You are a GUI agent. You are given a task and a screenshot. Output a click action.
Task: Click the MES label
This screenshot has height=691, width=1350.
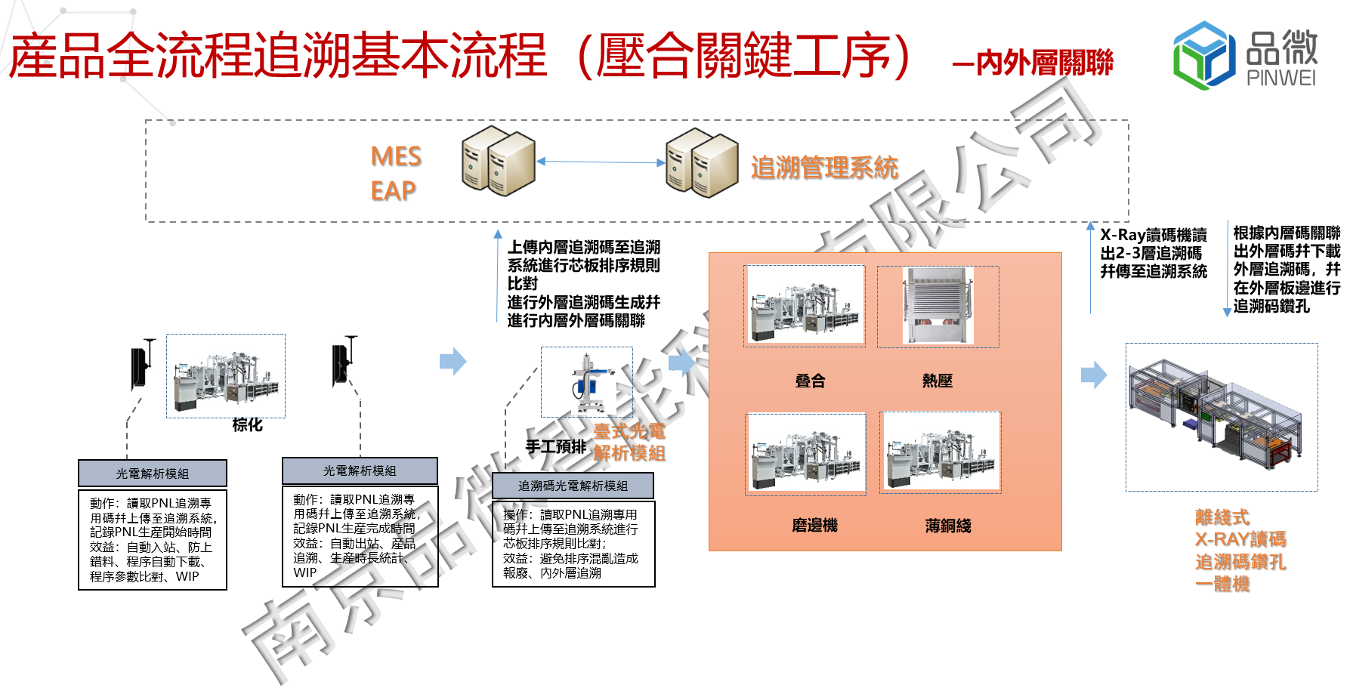pyautogui.click(x=396, y=156)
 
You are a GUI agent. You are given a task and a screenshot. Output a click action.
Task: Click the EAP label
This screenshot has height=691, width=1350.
pyautogui.click(x=393, y=190)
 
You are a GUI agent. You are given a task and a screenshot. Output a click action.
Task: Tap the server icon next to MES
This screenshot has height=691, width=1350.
pyautogui.click(x=498, y=161)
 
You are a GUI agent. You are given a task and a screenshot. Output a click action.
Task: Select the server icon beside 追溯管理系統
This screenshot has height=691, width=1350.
pyautogui.click(x=702, y=162)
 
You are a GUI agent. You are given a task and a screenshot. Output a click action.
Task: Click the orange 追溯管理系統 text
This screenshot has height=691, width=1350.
pyautogui.click(x=824, y=168)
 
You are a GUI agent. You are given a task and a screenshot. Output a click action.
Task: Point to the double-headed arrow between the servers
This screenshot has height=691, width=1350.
pyautogui.click(x=600, y=162)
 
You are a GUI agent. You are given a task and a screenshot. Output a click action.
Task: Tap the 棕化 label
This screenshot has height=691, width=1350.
pyautogui.click(x=247, y=425)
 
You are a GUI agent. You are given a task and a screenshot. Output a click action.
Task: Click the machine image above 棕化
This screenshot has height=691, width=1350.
pyautogui.click(x=226, y=375)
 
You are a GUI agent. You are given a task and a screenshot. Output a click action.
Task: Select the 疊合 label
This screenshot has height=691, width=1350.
pyautogui.click(x=810, y=381)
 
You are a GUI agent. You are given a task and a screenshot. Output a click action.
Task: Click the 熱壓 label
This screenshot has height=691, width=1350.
pyautogui.click(x=937, y=381)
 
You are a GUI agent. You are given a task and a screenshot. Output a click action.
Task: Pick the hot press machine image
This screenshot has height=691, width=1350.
pyautogui.click(x=938, y=307)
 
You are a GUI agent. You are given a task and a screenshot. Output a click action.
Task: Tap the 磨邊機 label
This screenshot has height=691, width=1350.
pyautogui.click(x=814, y=526)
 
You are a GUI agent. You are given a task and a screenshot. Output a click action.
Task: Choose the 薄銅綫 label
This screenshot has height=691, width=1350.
pyautogui.click(x=947, y=526)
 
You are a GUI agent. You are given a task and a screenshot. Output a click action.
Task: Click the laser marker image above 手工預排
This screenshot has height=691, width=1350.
pyautogui.click(x=586, y=382)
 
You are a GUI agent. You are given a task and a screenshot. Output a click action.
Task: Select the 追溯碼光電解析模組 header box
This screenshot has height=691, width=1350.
pyautogui.click(x=573, y=486)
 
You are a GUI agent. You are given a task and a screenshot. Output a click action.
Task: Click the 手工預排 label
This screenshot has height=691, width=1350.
pyautogui.click(x=555, y=446)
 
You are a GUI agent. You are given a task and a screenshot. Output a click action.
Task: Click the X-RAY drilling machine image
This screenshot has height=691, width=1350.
pyautogui.click(x=1221, y=417)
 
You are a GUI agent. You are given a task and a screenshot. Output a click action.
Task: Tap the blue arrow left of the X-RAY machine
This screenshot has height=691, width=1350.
pyautogui.click(x=1093, y=375)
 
